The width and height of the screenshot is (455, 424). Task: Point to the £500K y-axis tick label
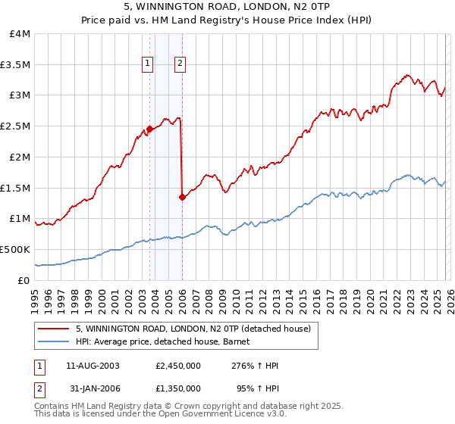pyautogui.click(x=16, y=249)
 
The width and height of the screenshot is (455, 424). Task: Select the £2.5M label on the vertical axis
pyautogui.click(x=16, y=126)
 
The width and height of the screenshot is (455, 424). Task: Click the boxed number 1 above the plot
pyautogui.click(x=147, y=64)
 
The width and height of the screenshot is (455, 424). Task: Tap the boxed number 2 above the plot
pyautogui.click(x=180, y=64)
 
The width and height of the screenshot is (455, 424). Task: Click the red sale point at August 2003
pyautogui.click(x=149, y=129)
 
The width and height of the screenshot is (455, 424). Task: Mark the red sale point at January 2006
pyautogui.click(x=182, y=197)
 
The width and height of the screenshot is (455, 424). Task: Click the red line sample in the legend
pyautogui.click(x=54, y=329)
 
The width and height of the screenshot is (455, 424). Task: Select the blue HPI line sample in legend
pyautogui.click(x=54, y=342)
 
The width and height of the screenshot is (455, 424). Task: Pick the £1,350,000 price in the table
pyautogui.click(x=177, y=391)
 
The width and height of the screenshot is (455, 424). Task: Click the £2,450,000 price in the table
pyautogui.click(x=177, y=366)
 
